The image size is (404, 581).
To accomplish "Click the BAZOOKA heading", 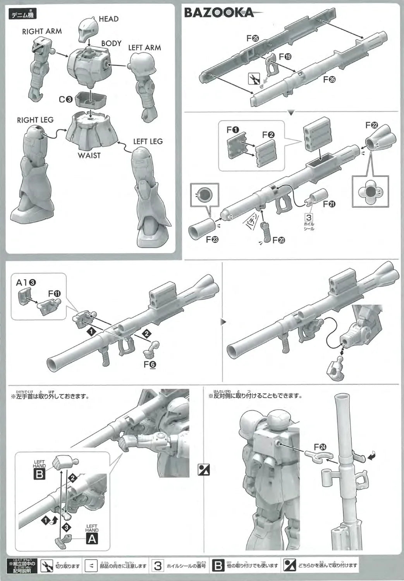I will coord(219,12).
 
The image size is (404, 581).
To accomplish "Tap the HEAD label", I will coord(108,19).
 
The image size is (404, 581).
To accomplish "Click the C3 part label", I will coord(65,99).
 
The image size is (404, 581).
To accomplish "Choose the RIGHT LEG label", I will coord(35,120).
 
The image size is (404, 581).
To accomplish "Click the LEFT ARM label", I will coord(144,48).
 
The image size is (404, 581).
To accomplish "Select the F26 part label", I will coord(329,79).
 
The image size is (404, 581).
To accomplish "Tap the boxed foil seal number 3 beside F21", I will coord(309,218).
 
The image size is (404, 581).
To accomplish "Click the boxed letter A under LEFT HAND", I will coord(92,538).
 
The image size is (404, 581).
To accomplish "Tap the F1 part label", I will coord(233,130).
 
